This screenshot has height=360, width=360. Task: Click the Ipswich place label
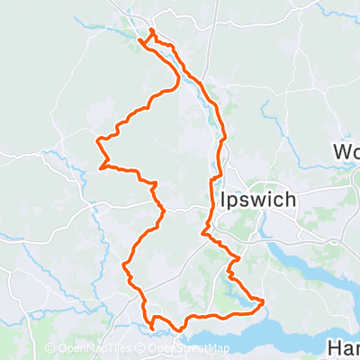click(x=256, y=199)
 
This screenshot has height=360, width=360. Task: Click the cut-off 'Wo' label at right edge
click(x=346, y=150)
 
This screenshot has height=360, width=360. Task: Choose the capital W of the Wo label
click(x=341, y=150)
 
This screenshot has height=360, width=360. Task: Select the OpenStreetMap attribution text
click(x=187, y=349)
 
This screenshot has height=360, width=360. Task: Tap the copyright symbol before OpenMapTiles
click(x=49, y=349)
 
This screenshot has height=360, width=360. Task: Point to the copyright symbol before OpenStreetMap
click(x=142, y=349)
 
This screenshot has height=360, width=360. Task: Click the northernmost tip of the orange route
click(x=151, y=31)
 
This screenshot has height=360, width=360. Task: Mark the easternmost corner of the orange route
click(x=263, y=300)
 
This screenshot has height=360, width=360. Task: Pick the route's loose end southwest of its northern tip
click(x=141, y=39)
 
